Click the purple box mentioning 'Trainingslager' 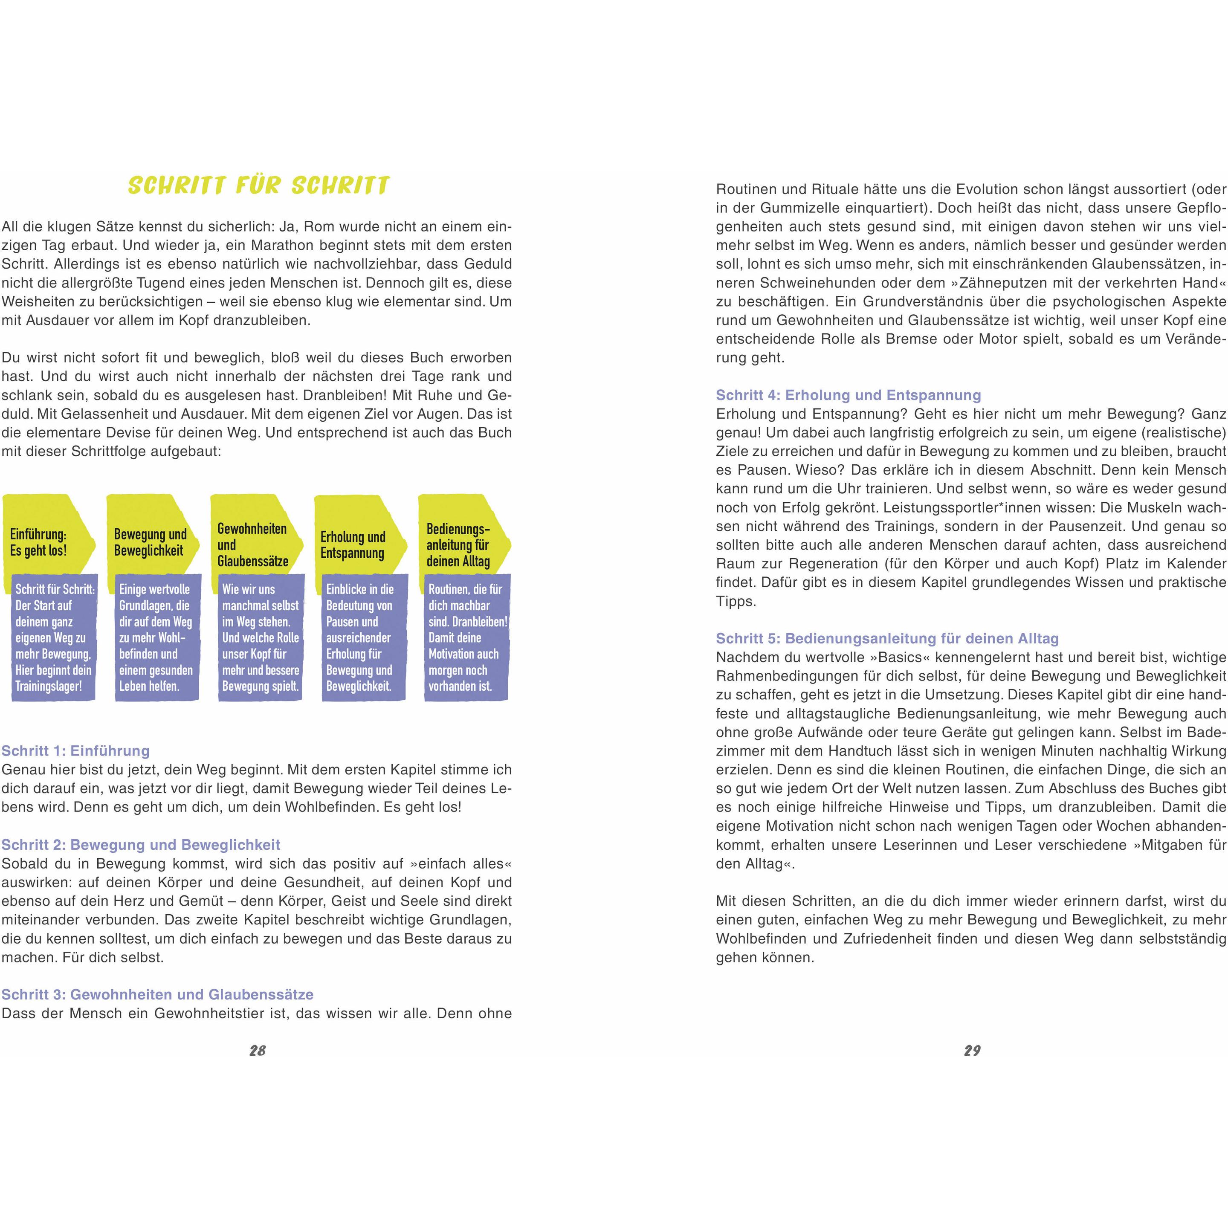[x=54, y=637]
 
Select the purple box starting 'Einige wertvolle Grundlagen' [x=156, y=637]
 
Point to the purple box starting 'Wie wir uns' [x=260, y=637]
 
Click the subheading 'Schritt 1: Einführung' [x=75, y=750]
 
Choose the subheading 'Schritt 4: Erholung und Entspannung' [x=849, y=395]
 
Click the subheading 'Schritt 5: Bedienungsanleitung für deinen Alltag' [x=887, y=638]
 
